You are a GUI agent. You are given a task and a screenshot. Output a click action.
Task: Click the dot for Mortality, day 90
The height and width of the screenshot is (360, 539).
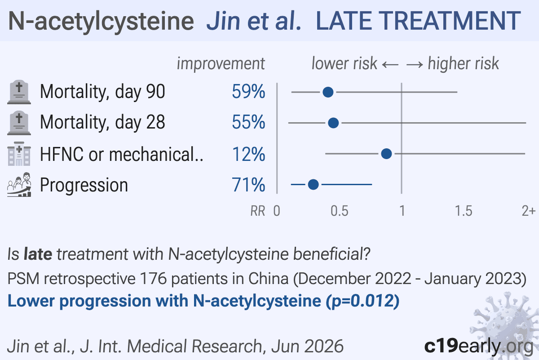tap(328, 92)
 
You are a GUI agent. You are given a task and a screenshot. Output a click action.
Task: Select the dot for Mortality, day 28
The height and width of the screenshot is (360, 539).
tap(333, 123)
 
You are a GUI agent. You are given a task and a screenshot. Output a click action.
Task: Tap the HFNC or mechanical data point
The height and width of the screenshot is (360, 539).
tap(386, 154)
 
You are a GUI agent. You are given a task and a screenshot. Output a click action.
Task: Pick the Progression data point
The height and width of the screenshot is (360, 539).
tap(314, 184)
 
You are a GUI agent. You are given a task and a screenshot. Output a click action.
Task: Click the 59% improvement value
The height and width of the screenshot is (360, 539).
tap(248, 92)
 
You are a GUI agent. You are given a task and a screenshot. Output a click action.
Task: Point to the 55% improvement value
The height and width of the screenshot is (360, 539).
tap(248, 122)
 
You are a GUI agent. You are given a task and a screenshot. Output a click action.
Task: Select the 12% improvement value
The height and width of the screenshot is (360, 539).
tap(248, 154)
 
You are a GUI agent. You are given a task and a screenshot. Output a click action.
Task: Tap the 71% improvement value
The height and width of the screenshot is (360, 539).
tap(248, 185)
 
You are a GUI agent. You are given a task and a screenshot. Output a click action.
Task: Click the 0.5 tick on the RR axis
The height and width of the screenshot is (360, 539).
tap(339, 211)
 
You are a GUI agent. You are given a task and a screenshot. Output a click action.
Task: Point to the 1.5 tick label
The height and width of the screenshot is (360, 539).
tap(464, 211)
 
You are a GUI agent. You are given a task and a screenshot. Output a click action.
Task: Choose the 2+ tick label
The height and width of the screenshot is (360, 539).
tap(528, 211)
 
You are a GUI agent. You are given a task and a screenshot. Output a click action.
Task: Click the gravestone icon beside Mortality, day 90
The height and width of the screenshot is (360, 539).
tap(19, 92)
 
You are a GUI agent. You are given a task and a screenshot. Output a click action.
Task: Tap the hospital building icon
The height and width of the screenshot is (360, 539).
tap(19, 154)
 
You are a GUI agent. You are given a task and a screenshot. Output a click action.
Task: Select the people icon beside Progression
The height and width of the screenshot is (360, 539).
tap(19, 185)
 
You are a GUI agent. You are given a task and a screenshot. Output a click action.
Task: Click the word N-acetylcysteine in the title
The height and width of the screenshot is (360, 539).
tap(101, 22)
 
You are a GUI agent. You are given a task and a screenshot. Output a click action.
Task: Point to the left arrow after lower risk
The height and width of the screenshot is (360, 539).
tap(390, 65)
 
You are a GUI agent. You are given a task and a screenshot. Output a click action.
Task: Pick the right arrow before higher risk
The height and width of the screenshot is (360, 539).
tap(415, 65)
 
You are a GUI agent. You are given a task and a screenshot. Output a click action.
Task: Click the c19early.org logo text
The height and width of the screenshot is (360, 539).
tap(479, 346)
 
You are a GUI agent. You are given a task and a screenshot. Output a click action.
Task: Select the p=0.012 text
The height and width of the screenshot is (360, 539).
tap(362, 301)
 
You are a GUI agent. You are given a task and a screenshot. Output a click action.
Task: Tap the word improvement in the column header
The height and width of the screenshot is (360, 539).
tap(221, 64)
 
